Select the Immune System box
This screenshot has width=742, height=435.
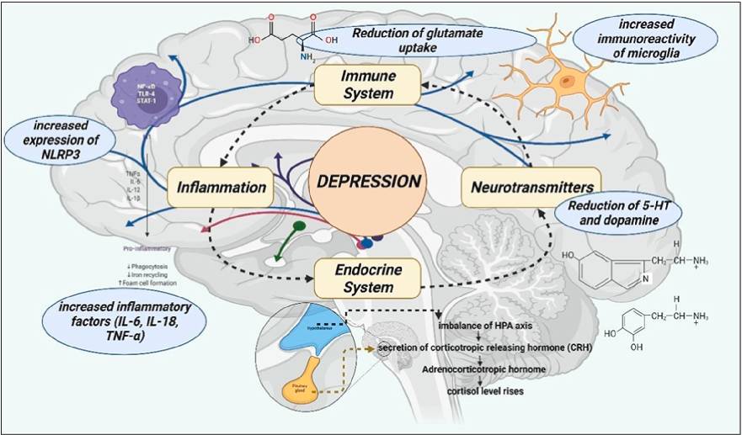pyautogui.click(x=367, y=86)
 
